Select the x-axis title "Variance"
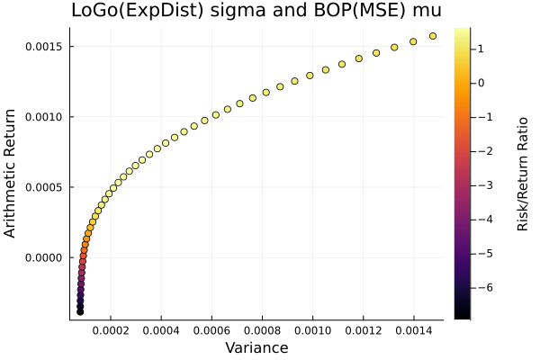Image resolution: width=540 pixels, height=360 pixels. point(256,347)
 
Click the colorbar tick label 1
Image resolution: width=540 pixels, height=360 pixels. point(481,49)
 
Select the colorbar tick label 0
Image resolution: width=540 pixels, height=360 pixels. point(481,83)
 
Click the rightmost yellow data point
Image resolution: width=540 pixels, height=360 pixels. point(433,36)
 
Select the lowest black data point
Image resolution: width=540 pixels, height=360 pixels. point(80,311)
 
